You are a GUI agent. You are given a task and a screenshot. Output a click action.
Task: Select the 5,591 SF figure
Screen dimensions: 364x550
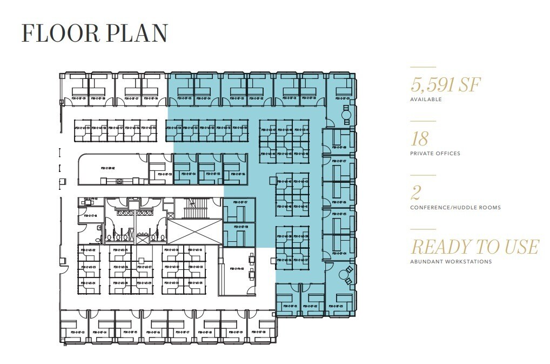(445, 85)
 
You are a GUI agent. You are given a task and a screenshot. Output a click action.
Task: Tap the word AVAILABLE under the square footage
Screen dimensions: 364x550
(426, 100)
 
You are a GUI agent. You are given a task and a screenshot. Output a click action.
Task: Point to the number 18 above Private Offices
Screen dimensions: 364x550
(419, 139)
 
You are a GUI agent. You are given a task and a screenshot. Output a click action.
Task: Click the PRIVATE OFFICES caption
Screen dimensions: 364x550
(435, 154)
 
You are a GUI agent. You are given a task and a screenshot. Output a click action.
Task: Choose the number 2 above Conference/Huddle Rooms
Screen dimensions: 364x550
(415, 193)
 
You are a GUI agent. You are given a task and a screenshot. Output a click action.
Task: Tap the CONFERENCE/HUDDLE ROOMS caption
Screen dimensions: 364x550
(455, 208)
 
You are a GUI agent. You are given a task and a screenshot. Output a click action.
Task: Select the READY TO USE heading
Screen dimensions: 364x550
(474, 247)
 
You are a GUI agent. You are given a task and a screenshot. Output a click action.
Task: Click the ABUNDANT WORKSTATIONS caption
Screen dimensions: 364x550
(451, 262)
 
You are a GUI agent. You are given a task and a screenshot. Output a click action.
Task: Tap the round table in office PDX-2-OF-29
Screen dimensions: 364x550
(346, 114)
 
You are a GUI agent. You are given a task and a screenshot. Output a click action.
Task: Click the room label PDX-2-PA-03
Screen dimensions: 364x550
(237, 268)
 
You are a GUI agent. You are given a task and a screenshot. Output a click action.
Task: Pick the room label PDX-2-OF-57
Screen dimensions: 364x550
(238, 202)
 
